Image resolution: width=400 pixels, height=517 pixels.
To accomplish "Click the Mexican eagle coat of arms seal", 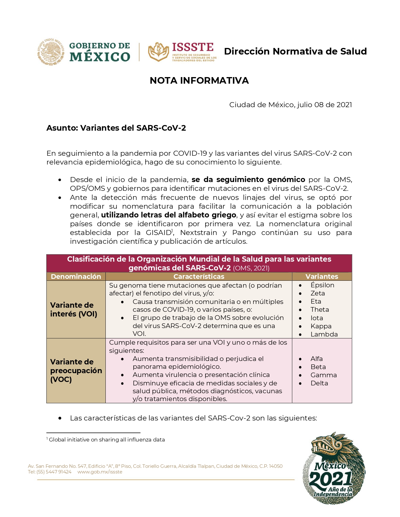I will pyautogui.click(x=51, y=52).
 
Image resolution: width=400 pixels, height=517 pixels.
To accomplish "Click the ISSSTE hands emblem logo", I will pyautogui.click(x=158, y=52).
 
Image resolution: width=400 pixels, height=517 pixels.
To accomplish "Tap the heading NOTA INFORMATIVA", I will pyautogui.click(x=199, y=81).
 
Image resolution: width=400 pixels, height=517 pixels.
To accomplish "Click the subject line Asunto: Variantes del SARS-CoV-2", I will pyautogui.click(x=116, y=128).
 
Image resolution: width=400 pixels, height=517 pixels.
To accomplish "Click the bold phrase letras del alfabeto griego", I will pyautogui.click(x=168, y=215).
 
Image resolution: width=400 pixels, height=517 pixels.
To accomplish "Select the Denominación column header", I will pyautogui.click(x=76, y=276).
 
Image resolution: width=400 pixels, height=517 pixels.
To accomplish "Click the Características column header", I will pyautogui.click(x=199, y=276).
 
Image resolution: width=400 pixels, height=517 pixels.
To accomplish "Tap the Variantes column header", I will pyautogui.click(x=322, y=276).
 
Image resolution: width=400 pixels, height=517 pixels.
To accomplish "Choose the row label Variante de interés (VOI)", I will pyautogui.click(x=74, y=310).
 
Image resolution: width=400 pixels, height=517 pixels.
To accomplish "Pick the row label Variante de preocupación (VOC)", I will pyautogui.click(x=76, y=370).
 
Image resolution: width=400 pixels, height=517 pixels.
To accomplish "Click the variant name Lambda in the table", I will pyautogui.click(x=324, y=334).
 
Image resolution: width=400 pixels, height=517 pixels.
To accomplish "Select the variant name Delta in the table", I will pyautogui.click(x=319, y=383).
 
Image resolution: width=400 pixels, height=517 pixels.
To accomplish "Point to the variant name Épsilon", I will pyautogui.click(x=322, y=285).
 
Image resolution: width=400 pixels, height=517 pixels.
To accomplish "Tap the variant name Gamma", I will pyautogui.click(x=323, y=375).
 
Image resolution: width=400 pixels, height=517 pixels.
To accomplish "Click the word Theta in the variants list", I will pyautogui.click(x=320, y=310).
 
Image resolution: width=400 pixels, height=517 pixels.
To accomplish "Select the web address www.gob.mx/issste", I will pyautogui.click(x=100, y=472).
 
